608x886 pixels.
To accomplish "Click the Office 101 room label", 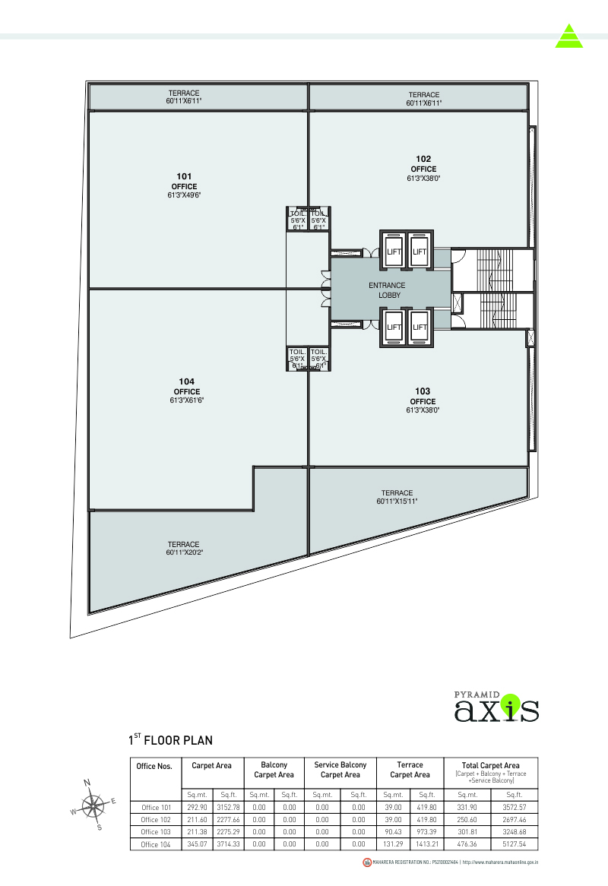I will click(x=183, y=185).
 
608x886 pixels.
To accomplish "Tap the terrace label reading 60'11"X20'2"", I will click(x=183, y=549).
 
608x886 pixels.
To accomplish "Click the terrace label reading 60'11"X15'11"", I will click(x=397, y=497).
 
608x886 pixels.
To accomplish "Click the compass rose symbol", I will click(x=93, y=805).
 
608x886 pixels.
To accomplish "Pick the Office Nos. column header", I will click(x=154, y=766).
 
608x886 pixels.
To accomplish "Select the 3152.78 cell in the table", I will click(x=229, y=807).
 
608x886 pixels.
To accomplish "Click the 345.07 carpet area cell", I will click(x=197, y=844).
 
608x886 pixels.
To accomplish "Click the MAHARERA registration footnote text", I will click(x=455, y=862).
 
